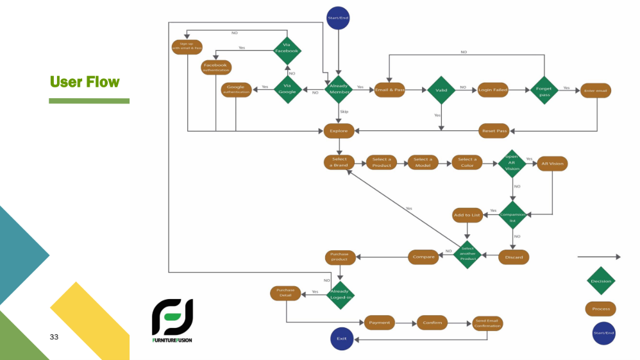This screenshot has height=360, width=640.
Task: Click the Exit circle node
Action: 342,338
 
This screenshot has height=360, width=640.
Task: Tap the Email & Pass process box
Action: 390,90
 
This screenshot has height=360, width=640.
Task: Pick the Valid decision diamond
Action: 441,90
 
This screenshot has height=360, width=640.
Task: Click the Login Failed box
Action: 493,90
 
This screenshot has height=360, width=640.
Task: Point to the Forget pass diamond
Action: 544,90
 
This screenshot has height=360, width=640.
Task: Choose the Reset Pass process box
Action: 494,131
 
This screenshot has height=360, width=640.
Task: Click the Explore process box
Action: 339,131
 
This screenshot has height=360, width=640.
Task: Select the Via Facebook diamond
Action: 287,50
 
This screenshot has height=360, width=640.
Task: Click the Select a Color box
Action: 467,162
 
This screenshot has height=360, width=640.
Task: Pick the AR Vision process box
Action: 552,163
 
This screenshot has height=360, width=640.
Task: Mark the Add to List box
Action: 467,215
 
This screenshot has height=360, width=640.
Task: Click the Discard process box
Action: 514,257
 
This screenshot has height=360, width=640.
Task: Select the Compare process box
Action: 424,257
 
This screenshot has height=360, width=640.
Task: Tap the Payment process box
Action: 380,323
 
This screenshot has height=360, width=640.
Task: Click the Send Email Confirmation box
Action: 487,323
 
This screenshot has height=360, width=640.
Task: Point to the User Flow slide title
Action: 85,81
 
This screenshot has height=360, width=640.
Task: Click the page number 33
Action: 54,337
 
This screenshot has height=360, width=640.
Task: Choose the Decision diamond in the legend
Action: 601,280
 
